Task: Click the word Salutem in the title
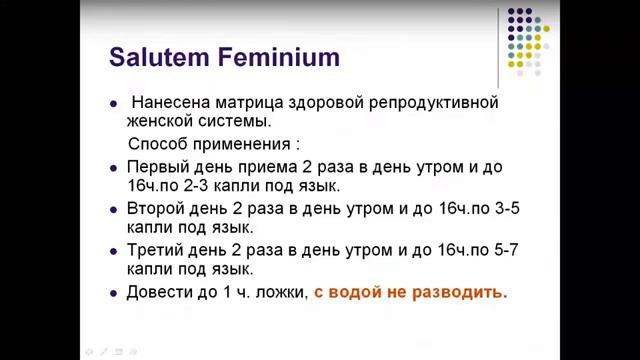(x=156, y=55)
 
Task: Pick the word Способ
(x=159, y=143)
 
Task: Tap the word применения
(x=245, y=143)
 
